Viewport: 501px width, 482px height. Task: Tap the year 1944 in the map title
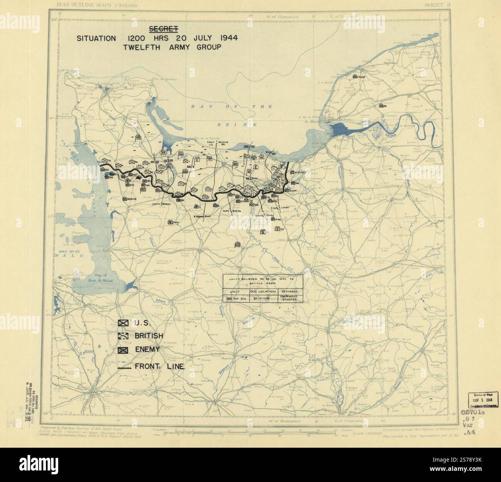(226, 38)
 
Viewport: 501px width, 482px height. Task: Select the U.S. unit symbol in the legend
(124, 323)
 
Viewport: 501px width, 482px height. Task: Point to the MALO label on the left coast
(61, 255)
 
